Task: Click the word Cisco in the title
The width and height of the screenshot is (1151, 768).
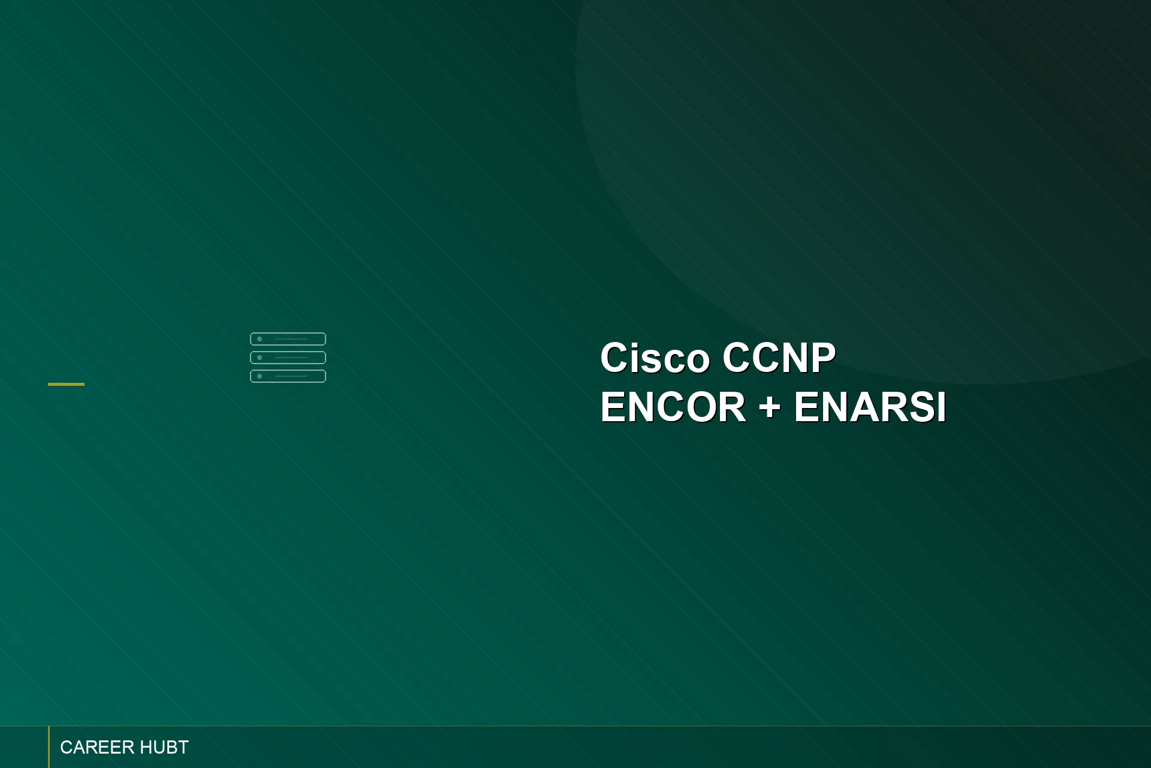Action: click(655, 358)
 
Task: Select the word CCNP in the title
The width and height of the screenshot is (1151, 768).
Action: click(779, 358)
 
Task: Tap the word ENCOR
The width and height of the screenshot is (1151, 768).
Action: click(673, 407)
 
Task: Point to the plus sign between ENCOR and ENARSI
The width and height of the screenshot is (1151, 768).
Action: click(770, 407)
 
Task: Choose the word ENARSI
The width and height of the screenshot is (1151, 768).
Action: click(870, 407)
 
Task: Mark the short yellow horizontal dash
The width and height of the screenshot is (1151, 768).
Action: click(66, 384)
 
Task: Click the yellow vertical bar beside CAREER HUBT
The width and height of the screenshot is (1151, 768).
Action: click(49, 747)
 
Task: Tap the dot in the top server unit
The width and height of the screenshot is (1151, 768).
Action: click(260, 339)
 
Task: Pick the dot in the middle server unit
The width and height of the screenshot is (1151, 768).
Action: click(260, 358)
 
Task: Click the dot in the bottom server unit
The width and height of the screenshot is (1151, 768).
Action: click(260, 376)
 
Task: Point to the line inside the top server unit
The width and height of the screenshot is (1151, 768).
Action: click(291, 339)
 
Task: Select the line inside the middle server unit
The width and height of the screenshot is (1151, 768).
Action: click(291, 358)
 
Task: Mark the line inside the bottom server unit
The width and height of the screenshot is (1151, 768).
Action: click(291, 376)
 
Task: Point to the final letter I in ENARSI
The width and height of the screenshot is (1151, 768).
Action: click(941, 407)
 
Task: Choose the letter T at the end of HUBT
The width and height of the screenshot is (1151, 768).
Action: click(182, 748)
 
